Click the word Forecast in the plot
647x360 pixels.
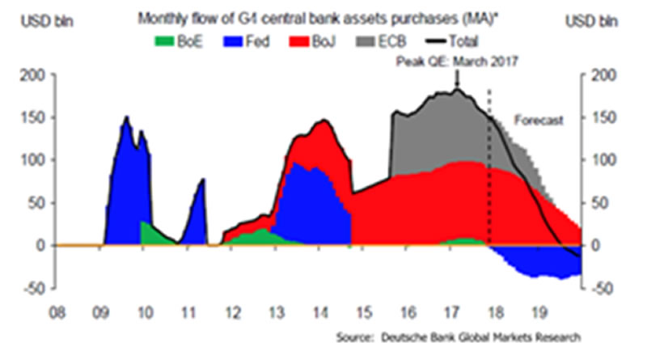pyautogui.click(x=539, y=120)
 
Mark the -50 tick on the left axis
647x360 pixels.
pyautogui.click(x=32, y=287)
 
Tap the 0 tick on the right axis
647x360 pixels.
pyautogui.click(x=599, y=245)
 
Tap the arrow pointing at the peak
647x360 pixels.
pyautogui.click(x=458, y=78)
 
